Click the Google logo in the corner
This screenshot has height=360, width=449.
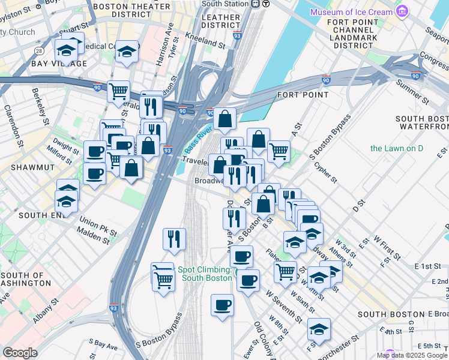[19, 353]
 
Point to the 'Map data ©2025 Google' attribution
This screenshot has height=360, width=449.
[411, 355]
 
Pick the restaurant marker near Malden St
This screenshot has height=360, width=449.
[174, 238]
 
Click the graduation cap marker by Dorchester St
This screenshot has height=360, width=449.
[319, 328]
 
